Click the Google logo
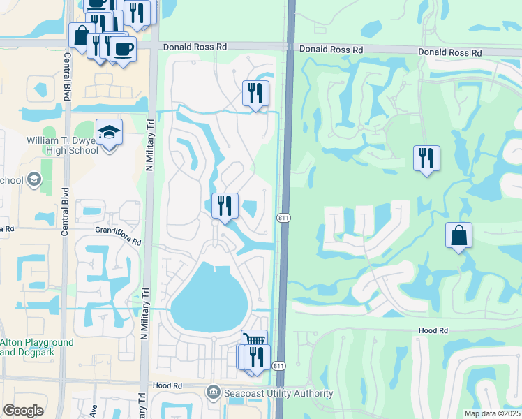tap(23, 411)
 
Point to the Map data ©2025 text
tap(492, 413)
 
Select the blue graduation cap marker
tap(109, 131)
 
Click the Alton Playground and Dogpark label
tap(37, 347)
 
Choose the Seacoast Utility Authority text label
tap(278, 393)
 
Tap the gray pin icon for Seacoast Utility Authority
tap(214, 393)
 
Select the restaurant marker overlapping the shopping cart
tap(256, 357)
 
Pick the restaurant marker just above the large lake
tap(225, 205)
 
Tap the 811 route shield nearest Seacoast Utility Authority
tap(278, 367)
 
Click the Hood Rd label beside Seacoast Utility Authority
tap(167, 385)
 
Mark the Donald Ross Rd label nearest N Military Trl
tap(195, 47)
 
